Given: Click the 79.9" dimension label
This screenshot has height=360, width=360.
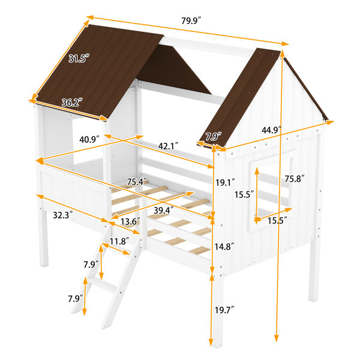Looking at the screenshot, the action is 191,20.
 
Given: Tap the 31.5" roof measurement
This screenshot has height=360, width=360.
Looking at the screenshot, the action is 79,59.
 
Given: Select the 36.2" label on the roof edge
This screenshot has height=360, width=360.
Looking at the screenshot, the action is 72,102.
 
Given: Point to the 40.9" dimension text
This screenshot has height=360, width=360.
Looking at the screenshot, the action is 89,139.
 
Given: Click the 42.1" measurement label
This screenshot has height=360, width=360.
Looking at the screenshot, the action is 168,146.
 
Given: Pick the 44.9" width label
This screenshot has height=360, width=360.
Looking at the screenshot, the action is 272,130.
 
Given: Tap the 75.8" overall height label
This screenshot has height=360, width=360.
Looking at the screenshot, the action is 295,178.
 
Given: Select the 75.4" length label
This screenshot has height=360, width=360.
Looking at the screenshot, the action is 137,182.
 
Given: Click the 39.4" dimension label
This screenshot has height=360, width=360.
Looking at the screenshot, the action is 163,210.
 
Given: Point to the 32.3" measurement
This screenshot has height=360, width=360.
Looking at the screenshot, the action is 63,215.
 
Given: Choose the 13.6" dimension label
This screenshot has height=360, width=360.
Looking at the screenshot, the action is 130,221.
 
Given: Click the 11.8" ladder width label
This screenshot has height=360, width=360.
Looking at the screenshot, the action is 119,241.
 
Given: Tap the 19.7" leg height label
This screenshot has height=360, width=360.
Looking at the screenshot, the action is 224,310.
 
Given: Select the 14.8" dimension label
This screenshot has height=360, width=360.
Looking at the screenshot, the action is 224,247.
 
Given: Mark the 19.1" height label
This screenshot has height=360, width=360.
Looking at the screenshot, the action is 225,182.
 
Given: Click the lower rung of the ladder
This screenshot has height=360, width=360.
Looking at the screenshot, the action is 104,285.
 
